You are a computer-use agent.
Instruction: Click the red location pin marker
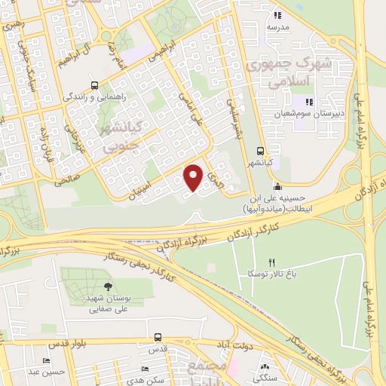[194, 177]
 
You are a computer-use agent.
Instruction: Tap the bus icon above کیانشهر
[260, 150]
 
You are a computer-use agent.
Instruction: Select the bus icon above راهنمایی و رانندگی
[94, 85]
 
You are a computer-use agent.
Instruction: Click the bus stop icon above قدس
[158, 337]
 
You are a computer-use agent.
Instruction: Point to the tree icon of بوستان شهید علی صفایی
[108, 286]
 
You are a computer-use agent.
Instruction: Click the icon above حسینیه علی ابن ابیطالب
[278, 186]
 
